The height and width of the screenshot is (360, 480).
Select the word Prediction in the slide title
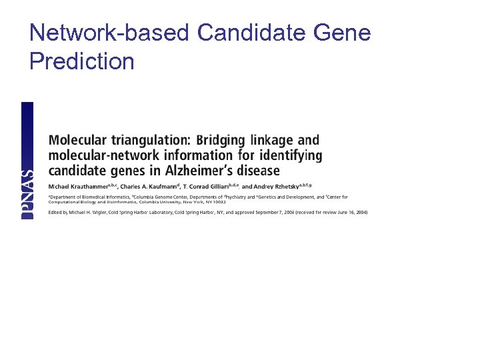pos(81,61)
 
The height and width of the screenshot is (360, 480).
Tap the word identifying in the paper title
pos(290,155)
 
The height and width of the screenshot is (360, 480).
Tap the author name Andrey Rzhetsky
pos(269,186)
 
